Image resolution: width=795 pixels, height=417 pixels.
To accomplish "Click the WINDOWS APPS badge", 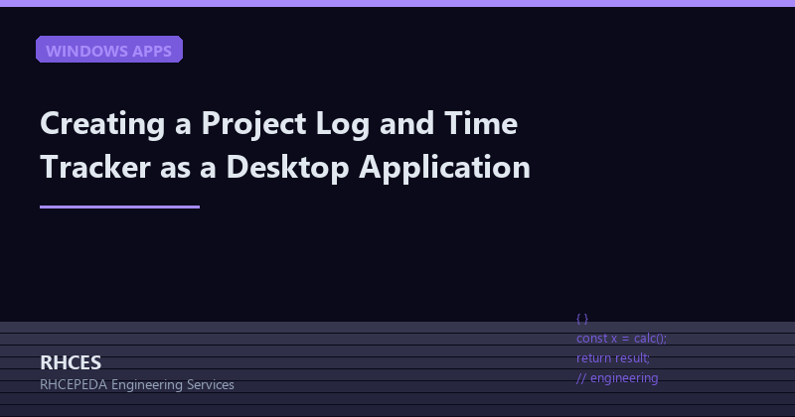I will click(109, 50).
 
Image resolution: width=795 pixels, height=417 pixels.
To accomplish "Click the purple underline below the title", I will click(119, 207).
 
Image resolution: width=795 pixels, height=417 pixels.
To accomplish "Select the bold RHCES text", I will click(71, 362).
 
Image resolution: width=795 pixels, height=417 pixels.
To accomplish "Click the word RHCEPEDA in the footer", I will click(75, 384).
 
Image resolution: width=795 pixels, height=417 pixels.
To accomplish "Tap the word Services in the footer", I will click(211, 384).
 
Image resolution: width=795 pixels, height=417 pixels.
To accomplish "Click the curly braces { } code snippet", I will click(582, 319).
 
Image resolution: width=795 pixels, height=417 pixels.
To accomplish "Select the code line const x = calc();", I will click(621, 339).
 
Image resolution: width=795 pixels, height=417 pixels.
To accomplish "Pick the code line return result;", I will click(613, 357).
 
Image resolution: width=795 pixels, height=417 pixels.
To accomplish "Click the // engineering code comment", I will click(617, 377).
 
